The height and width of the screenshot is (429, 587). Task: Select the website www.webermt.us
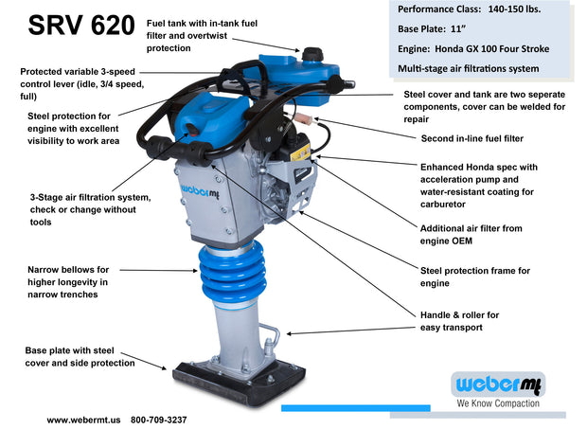point(85,419)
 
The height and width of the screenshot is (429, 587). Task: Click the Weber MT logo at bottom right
point(499,384)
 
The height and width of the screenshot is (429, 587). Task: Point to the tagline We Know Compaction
point(499,403)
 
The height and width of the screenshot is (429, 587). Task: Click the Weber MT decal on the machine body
point(201,189)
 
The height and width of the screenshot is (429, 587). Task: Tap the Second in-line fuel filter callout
point(471,138)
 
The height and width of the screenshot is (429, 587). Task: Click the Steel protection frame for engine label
point(474,277)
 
